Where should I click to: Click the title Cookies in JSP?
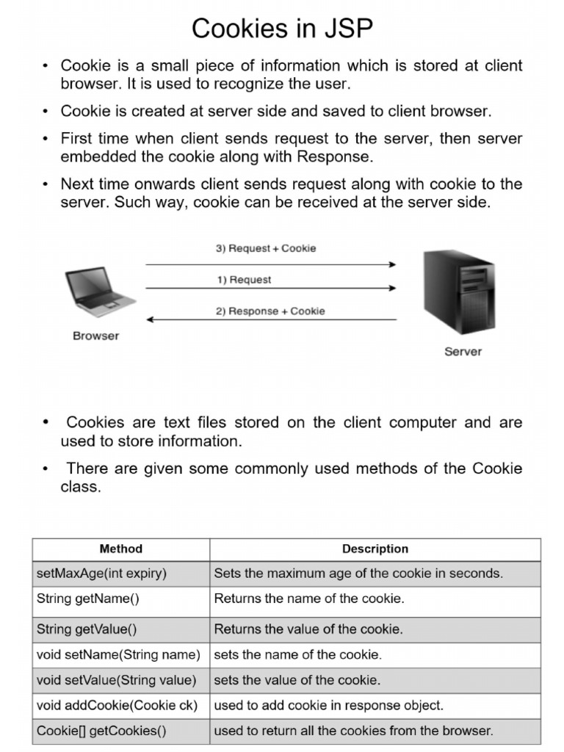[282, 29]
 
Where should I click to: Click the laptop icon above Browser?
[100, 292]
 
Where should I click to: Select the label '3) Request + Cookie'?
[266, 248]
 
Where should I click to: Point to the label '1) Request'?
[244, 280]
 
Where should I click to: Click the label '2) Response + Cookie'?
[270, 311]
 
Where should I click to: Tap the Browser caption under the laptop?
[96, 336]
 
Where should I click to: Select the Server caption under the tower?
[463, 352]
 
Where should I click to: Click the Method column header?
[120, 549]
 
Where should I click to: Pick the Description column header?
[375, 549]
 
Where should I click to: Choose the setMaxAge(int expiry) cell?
[101, 574]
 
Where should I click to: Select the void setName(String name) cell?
[118, 654]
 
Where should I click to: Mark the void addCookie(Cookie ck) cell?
[117, 706]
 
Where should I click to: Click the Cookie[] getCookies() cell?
[101, 731]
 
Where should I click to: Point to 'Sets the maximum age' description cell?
[358, 574]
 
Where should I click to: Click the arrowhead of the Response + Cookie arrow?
[150, 319]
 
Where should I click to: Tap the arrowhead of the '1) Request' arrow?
[392, 289]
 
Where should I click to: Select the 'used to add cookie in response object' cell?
[329, 706]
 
